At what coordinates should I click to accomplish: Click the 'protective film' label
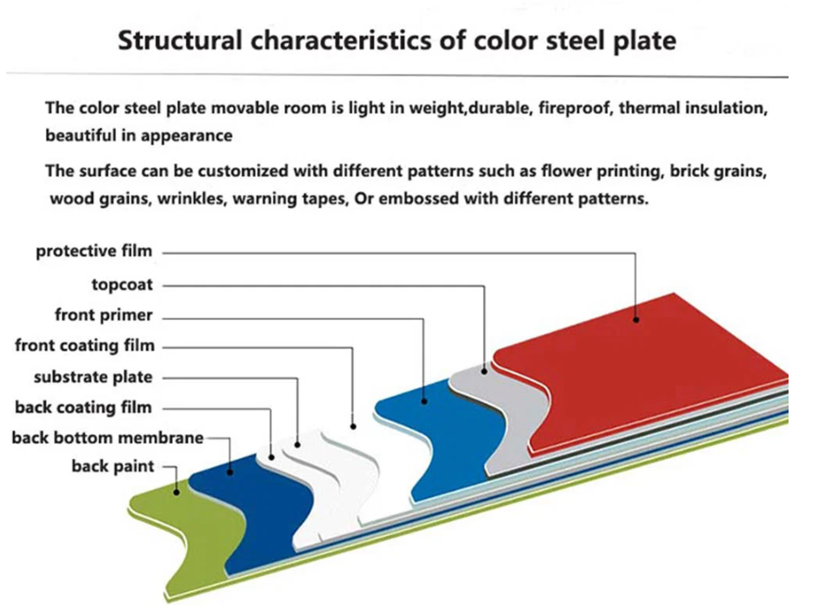tap(94, 252)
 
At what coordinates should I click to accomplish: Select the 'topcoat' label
tap(123, 285)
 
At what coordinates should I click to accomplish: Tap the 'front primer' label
tap(103, 315)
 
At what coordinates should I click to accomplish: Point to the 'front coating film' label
tap(84, 346)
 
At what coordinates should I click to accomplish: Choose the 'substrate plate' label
tap(93, 377)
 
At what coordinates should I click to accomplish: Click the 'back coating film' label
tap(83, 407)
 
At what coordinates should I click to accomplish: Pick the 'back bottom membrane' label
tap(108, 438)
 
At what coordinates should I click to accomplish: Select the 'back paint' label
tap(113, 466)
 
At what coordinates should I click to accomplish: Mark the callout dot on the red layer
tap(636, 320)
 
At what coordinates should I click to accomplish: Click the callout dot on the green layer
tap(176, 492)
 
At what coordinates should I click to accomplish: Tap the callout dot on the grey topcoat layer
tap(484, 371)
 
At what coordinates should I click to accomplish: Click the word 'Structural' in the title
tap(180, 41)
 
